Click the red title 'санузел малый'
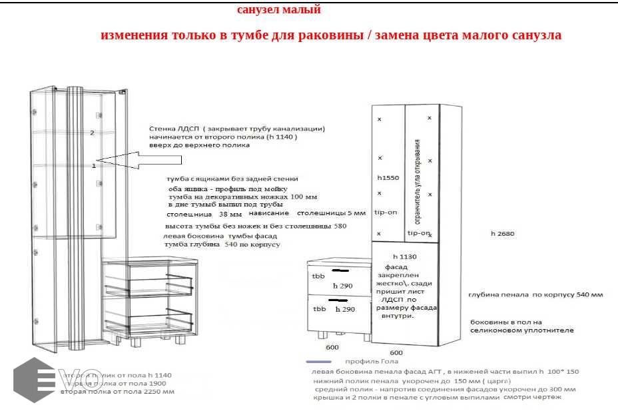click(279, 10)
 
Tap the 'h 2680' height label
click(503, 234)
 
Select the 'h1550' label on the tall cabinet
click(387, 179)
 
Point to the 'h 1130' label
click(404, 256)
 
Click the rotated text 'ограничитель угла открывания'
click(418, 182)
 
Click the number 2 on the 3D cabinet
click(93, 133)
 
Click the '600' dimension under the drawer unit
click(332, 347)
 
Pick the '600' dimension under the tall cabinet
click(396, 352)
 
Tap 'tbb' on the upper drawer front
click(318, 275)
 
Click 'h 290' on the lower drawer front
click(344, 310)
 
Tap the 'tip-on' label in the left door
click(386, 212)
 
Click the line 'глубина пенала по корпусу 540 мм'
click(535, 294)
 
